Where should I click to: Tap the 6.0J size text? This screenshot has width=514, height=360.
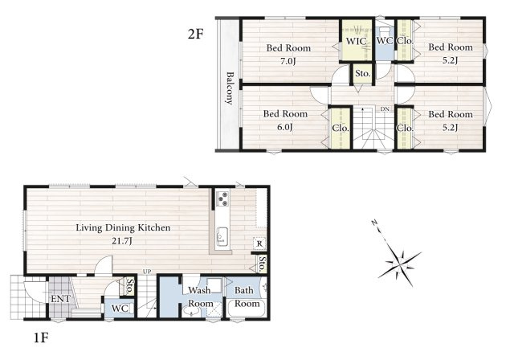point(285,127)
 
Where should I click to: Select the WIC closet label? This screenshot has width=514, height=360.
point(356,42)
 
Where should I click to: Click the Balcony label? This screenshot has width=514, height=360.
point(230,88)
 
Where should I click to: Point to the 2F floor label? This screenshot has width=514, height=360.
point(196,34)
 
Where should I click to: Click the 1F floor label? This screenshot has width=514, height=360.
point(41,337)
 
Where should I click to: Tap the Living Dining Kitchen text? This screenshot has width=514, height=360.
point(123,227)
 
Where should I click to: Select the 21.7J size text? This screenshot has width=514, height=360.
point(122,241)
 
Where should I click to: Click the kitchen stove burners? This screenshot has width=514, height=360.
point(223,198)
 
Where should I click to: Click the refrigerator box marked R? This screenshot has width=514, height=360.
point(259,243)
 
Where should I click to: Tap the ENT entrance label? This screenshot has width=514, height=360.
point(60,299)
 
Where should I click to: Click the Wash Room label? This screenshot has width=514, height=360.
point(200,297)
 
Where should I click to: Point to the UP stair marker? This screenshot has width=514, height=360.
point(147,272)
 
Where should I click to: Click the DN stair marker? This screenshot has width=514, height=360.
point(385,108)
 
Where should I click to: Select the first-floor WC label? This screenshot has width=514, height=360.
point(120,309)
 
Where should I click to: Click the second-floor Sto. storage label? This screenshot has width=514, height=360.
point(363,73)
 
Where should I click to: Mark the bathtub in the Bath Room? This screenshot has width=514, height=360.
point(247,308)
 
